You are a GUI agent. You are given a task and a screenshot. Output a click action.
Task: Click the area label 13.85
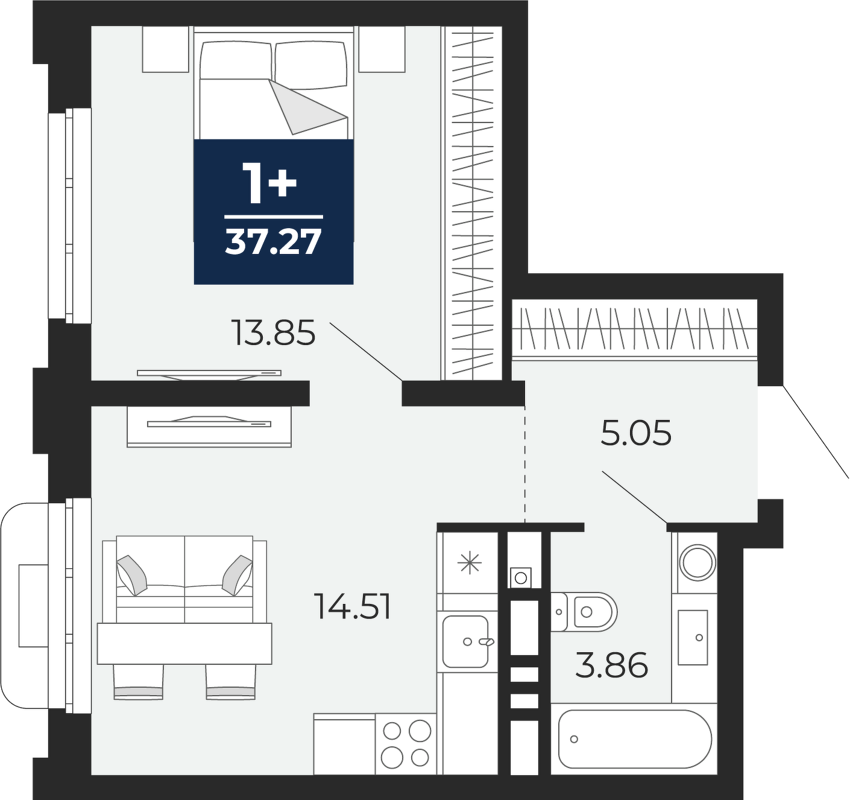coord(273,333)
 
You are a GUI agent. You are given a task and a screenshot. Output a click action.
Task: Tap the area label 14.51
coord(352,606)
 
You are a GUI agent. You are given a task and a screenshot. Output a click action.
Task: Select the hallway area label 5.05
coord(636,433)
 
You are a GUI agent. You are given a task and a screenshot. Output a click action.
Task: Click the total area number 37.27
coord(273,242)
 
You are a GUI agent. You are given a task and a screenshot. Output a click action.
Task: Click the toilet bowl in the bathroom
coord(584,611)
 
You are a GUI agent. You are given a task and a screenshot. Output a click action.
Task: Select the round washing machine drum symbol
coord(697,563)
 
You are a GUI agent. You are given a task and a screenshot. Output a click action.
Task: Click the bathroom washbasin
coord(693,638)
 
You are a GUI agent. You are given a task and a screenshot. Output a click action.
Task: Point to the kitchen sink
coord(465,641)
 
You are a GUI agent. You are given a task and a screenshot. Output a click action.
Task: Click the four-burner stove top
coord(406,743)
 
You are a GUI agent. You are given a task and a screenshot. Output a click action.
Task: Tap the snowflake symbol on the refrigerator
coord(470,563)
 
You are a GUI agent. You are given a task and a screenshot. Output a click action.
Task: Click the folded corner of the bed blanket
coord(307,106)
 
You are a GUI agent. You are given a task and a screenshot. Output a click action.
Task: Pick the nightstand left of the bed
coord(166,49)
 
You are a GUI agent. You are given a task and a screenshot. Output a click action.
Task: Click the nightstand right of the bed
coord(382,49)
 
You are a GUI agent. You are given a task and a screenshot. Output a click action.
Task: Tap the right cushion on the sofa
coord(237,575)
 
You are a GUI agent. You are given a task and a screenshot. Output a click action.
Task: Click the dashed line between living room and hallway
coord(524,464)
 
